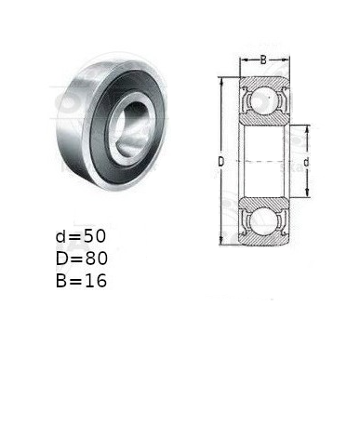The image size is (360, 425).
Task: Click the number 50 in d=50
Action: (95, 236)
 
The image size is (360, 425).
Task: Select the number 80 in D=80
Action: (97, 259)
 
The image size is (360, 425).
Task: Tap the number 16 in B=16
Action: (96, 281)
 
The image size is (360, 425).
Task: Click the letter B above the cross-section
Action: (263, 60)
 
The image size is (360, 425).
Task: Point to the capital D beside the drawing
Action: (220, 162)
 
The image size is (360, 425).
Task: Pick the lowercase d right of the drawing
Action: (306, 162)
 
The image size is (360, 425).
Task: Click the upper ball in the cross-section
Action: (264, 100)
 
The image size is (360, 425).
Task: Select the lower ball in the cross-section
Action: (264, 222)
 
